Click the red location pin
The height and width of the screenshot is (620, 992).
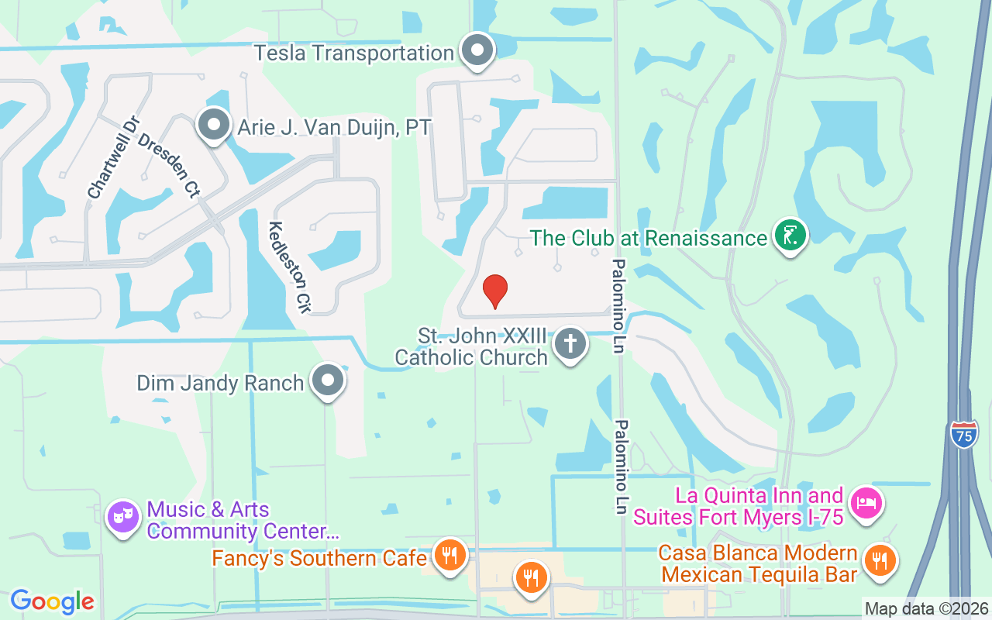click(x=495, y=291)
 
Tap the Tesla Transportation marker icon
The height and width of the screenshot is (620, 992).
click(x=477, y=52)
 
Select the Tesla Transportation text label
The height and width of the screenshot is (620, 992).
click(x=354, y=53)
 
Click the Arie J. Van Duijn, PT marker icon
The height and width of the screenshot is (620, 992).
click(x=213, y=125)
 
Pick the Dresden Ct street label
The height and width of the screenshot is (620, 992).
click(x=168, y=165)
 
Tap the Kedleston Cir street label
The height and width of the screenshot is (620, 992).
click(x=288, y=267)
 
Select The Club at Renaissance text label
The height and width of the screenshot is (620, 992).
click(x=649, y=238)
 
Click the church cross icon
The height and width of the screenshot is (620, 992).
click(x=570, y=343)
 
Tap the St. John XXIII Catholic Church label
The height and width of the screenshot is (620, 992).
click(x=471, y=346)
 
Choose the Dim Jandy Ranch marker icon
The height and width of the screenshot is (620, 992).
click(x=328, y=381)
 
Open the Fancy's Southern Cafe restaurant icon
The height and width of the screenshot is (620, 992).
click(x=449, y=555)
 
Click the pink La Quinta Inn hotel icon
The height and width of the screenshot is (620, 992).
click(x=865, y=503)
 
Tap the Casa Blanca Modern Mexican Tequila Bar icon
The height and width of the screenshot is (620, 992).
click(x=879, y=560)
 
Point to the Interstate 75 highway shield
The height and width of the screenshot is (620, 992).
click(x=964, y=433)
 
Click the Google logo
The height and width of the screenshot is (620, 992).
click(x=52, y=601)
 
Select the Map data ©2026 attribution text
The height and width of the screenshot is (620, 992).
click(x=927, y=608)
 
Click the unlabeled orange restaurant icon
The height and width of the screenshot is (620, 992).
click(x=531, y=577)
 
